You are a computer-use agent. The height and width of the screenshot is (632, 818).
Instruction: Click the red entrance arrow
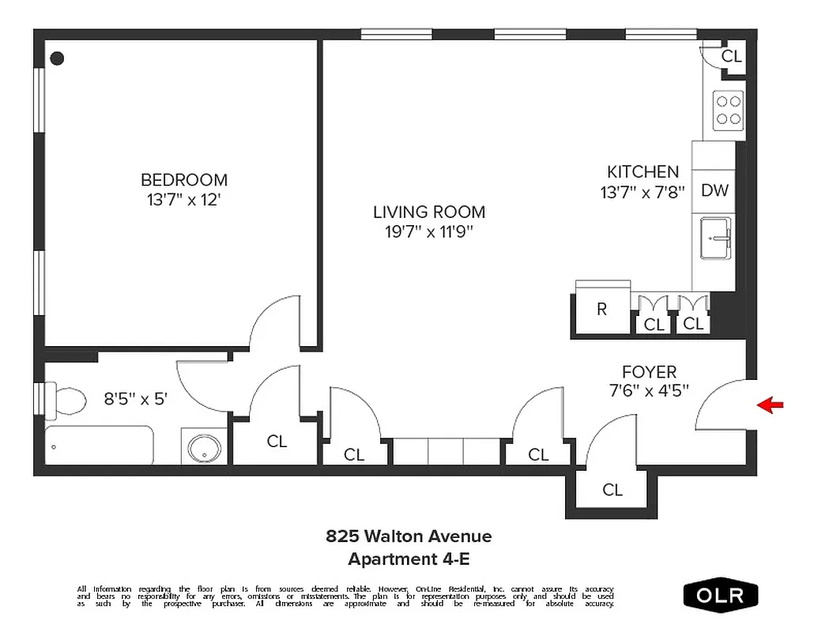point(771,405)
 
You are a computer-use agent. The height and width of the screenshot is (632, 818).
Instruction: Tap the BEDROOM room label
point(184,180)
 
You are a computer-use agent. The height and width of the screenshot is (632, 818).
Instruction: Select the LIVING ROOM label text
point(429,213)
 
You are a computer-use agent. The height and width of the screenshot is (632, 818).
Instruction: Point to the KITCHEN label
point(643,171)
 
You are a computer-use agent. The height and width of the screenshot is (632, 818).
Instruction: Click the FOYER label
point(649,371)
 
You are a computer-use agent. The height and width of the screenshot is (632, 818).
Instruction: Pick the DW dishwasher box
point(714,190)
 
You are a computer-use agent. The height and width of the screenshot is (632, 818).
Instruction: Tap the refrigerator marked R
point(602,309)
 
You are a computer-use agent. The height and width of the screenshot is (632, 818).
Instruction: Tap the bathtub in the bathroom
point(100,446)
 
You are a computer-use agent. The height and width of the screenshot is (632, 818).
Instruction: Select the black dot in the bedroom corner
point(57,58)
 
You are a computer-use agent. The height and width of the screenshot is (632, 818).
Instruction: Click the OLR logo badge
point(720,595)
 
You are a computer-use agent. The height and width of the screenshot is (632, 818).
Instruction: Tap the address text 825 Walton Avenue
point(409,536)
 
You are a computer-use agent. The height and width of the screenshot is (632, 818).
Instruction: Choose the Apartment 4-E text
point(409,559)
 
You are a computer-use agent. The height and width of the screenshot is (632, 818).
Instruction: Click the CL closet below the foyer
point(613,490)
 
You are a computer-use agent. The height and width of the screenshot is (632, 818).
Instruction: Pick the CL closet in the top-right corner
point(732,56)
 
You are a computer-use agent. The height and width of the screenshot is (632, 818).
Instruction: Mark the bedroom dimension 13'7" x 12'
point(184,200)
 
